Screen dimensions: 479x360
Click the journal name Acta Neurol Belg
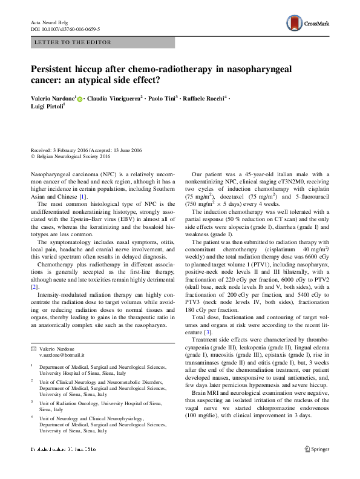50,22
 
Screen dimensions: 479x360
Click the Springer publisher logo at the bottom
316,449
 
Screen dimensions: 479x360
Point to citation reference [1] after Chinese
83,196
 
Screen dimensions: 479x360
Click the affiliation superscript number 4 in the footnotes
31,417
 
